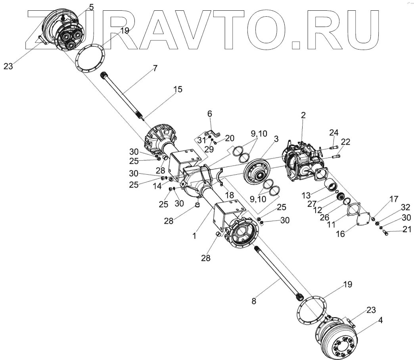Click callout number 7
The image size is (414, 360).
tap(155, 68)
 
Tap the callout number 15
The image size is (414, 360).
tap(178, 89)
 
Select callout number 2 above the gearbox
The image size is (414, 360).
tap(303, 116)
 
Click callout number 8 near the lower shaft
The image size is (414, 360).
tap(254, 301)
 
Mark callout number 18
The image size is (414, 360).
tap(229, 195)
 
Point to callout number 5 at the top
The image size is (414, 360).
tap(92, 7)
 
